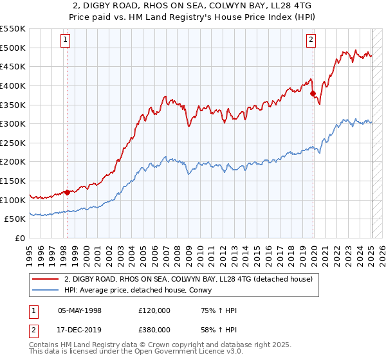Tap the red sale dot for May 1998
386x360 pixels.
click(67, 192)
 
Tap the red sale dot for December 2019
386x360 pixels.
click(313, 93)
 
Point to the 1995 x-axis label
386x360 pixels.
click(30, 252)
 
